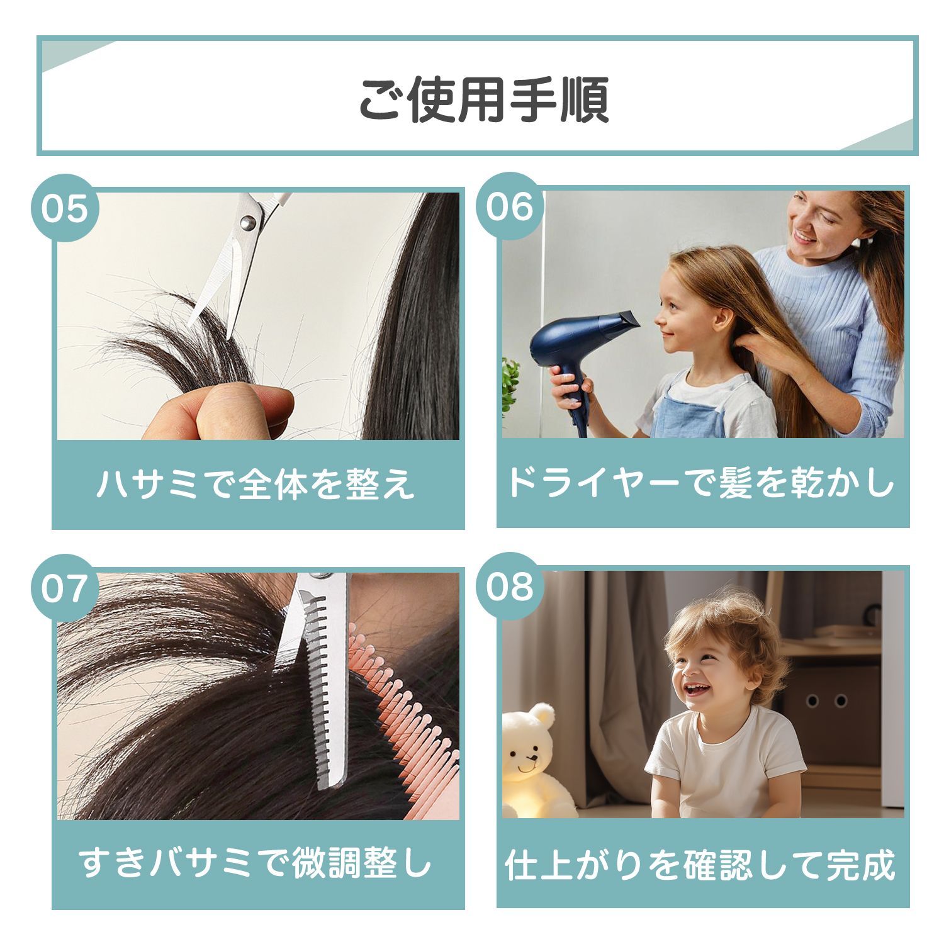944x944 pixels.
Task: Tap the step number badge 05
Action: (65, 208)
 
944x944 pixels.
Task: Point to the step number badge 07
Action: (65, 588)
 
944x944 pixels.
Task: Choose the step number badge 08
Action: (510, 587)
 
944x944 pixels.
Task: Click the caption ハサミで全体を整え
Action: (256, 484)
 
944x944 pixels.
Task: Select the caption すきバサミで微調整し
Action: (256, 863)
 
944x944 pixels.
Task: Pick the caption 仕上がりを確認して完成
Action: (700, 865)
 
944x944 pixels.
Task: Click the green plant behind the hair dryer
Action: (510, 384)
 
